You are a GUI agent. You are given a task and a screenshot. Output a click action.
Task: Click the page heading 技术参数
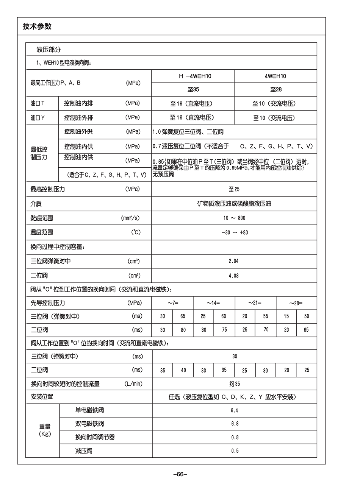pos(37,27)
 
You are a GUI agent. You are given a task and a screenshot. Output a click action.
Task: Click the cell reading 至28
pos(275,90)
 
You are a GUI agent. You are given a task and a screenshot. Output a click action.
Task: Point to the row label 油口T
pos(38,103)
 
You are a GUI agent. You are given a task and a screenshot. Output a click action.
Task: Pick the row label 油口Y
pos(38,118)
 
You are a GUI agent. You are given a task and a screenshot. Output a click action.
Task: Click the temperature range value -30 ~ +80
pos(235,232)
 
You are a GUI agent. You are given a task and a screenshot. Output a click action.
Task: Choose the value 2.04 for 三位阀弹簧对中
pos(233,261)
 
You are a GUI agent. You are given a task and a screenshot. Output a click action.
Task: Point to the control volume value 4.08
pos(233,276)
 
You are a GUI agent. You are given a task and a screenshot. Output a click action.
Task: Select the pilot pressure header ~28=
pos(296,303)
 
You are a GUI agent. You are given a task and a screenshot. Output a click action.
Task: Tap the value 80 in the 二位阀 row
pos(183,330)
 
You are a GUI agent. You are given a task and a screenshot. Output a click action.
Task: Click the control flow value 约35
pos(235,384)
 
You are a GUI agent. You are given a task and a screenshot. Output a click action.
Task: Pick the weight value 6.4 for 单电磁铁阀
pos(234,410)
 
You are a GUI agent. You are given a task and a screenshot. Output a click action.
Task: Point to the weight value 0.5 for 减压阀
pos(235,451)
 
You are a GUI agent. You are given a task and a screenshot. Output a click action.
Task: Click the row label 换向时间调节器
pos(95,437)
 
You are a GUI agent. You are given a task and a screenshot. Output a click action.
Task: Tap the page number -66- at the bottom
pos(180,474)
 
